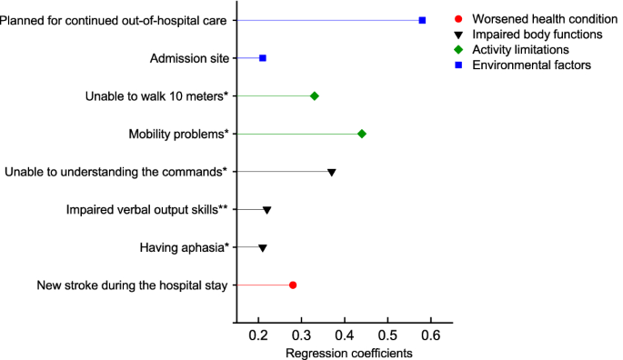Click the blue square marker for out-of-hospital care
coord(422,20)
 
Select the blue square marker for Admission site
coord(263,58)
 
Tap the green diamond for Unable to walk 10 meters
coord(315,95)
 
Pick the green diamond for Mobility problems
coord(362,134)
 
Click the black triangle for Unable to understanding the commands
coord(332,172)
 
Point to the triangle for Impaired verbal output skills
coord(267,210)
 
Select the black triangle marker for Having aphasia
coord(263,247)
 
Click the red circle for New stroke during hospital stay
coord(293,285)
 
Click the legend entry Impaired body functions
coord(531,35)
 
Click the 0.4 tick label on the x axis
coord(345,334)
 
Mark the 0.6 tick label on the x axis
coord(430,334)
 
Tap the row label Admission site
coord(189,58)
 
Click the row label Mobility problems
coord(179,134)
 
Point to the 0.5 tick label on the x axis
coord(387,334)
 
